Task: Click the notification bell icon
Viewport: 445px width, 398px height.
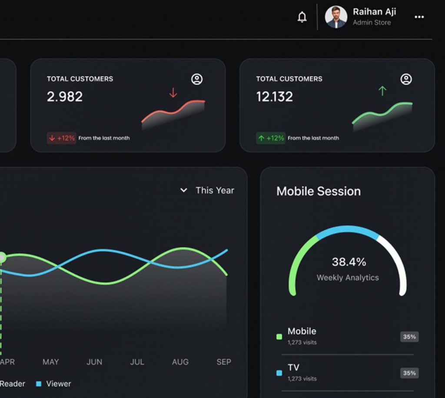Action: click(302, 17)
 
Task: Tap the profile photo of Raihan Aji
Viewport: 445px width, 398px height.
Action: click(336, 17)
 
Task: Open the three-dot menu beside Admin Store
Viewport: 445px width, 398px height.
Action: click(419, 17)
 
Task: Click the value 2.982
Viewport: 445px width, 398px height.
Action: click(65, 97)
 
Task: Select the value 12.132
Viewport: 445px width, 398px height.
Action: click(274, 97)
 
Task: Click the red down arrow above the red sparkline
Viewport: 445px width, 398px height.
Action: click(173, 93)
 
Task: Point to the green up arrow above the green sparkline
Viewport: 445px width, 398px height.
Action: click(382, 91)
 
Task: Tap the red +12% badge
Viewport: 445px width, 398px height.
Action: click(61, 138)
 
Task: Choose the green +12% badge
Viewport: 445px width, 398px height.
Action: click(271, 138)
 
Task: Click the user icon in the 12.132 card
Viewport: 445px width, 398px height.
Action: click(406, 79)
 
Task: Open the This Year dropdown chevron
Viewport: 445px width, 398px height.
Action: click(184, 190)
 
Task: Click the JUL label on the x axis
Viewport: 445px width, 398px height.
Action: click(137, 362)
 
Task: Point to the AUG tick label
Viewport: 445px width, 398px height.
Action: click(180, 362)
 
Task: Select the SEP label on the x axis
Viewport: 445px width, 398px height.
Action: click(224, 362)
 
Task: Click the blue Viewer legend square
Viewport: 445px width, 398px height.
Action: click(39, 384)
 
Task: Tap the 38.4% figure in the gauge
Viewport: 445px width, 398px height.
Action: click(349, 262)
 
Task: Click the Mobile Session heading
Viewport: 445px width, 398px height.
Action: click(319, 191)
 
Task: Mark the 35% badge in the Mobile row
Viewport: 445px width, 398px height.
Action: click(409, 337)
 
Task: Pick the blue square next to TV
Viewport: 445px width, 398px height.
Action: click(279, 373)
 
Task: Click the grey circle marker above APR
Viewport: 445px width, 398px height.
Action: click(2, 258)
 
